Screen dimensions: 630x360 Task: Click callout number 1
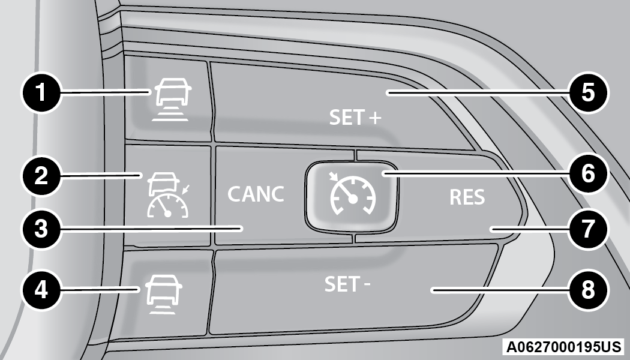coord(41,93)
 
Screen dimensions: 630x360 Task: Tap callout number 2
coord(41,176)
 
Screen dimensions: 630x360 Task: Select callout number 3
coord(41,229)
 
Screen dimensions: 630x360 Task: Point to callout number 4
coord(41,290)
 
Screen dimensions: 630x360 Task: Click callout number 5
coord(588,93)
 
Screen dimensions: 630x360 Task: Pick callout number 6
coord(588,174)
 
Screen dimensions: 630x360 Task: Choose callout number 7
coord(588,229)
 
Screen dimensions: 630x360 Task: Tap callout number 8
coord(588,290)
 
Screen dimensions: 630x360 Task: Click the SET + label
coord(355,118)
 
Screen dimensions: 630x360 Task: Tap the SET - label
coord(347,284)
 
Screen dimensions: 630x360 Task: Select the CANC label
coord(256,194)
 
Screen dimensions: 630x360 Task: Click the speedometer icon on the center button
coord(352,193)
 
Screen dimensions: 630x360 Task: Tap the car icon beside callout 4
coord(162,294)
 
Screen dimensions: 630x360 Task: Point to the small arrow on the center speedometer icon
coord(333,177)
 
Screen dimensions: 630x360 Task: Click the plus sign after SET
coord(374,118)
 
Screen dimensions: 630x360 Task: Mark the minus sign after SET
coord(367,285)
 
